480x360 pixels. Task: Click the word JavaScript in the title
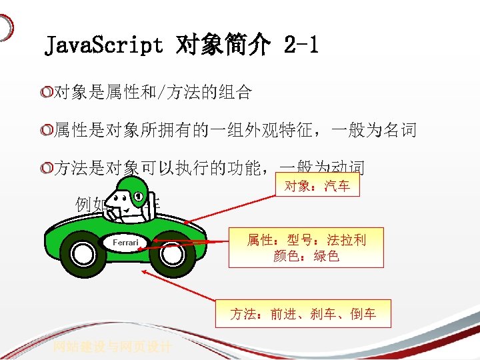point(103,45)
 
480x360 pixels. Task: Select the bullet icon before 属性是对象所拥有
point(46,131)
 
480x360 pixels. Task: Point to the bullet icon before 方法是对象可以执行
point(46,169)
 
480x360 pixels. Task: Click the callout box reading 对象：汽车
point(317,186)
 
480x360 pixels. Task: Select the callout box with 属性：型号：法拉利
point(306,247)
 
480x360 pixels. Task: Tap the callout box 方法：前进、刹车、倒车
point(303,313)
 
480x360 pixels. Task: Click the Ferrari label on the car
point(125,243)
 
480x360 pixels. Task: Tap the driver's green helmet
point(139,191)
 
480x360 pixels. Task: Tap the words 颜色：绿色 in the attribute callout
point(306,256)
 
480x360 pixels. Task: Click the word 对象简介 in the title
point(223,45)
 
